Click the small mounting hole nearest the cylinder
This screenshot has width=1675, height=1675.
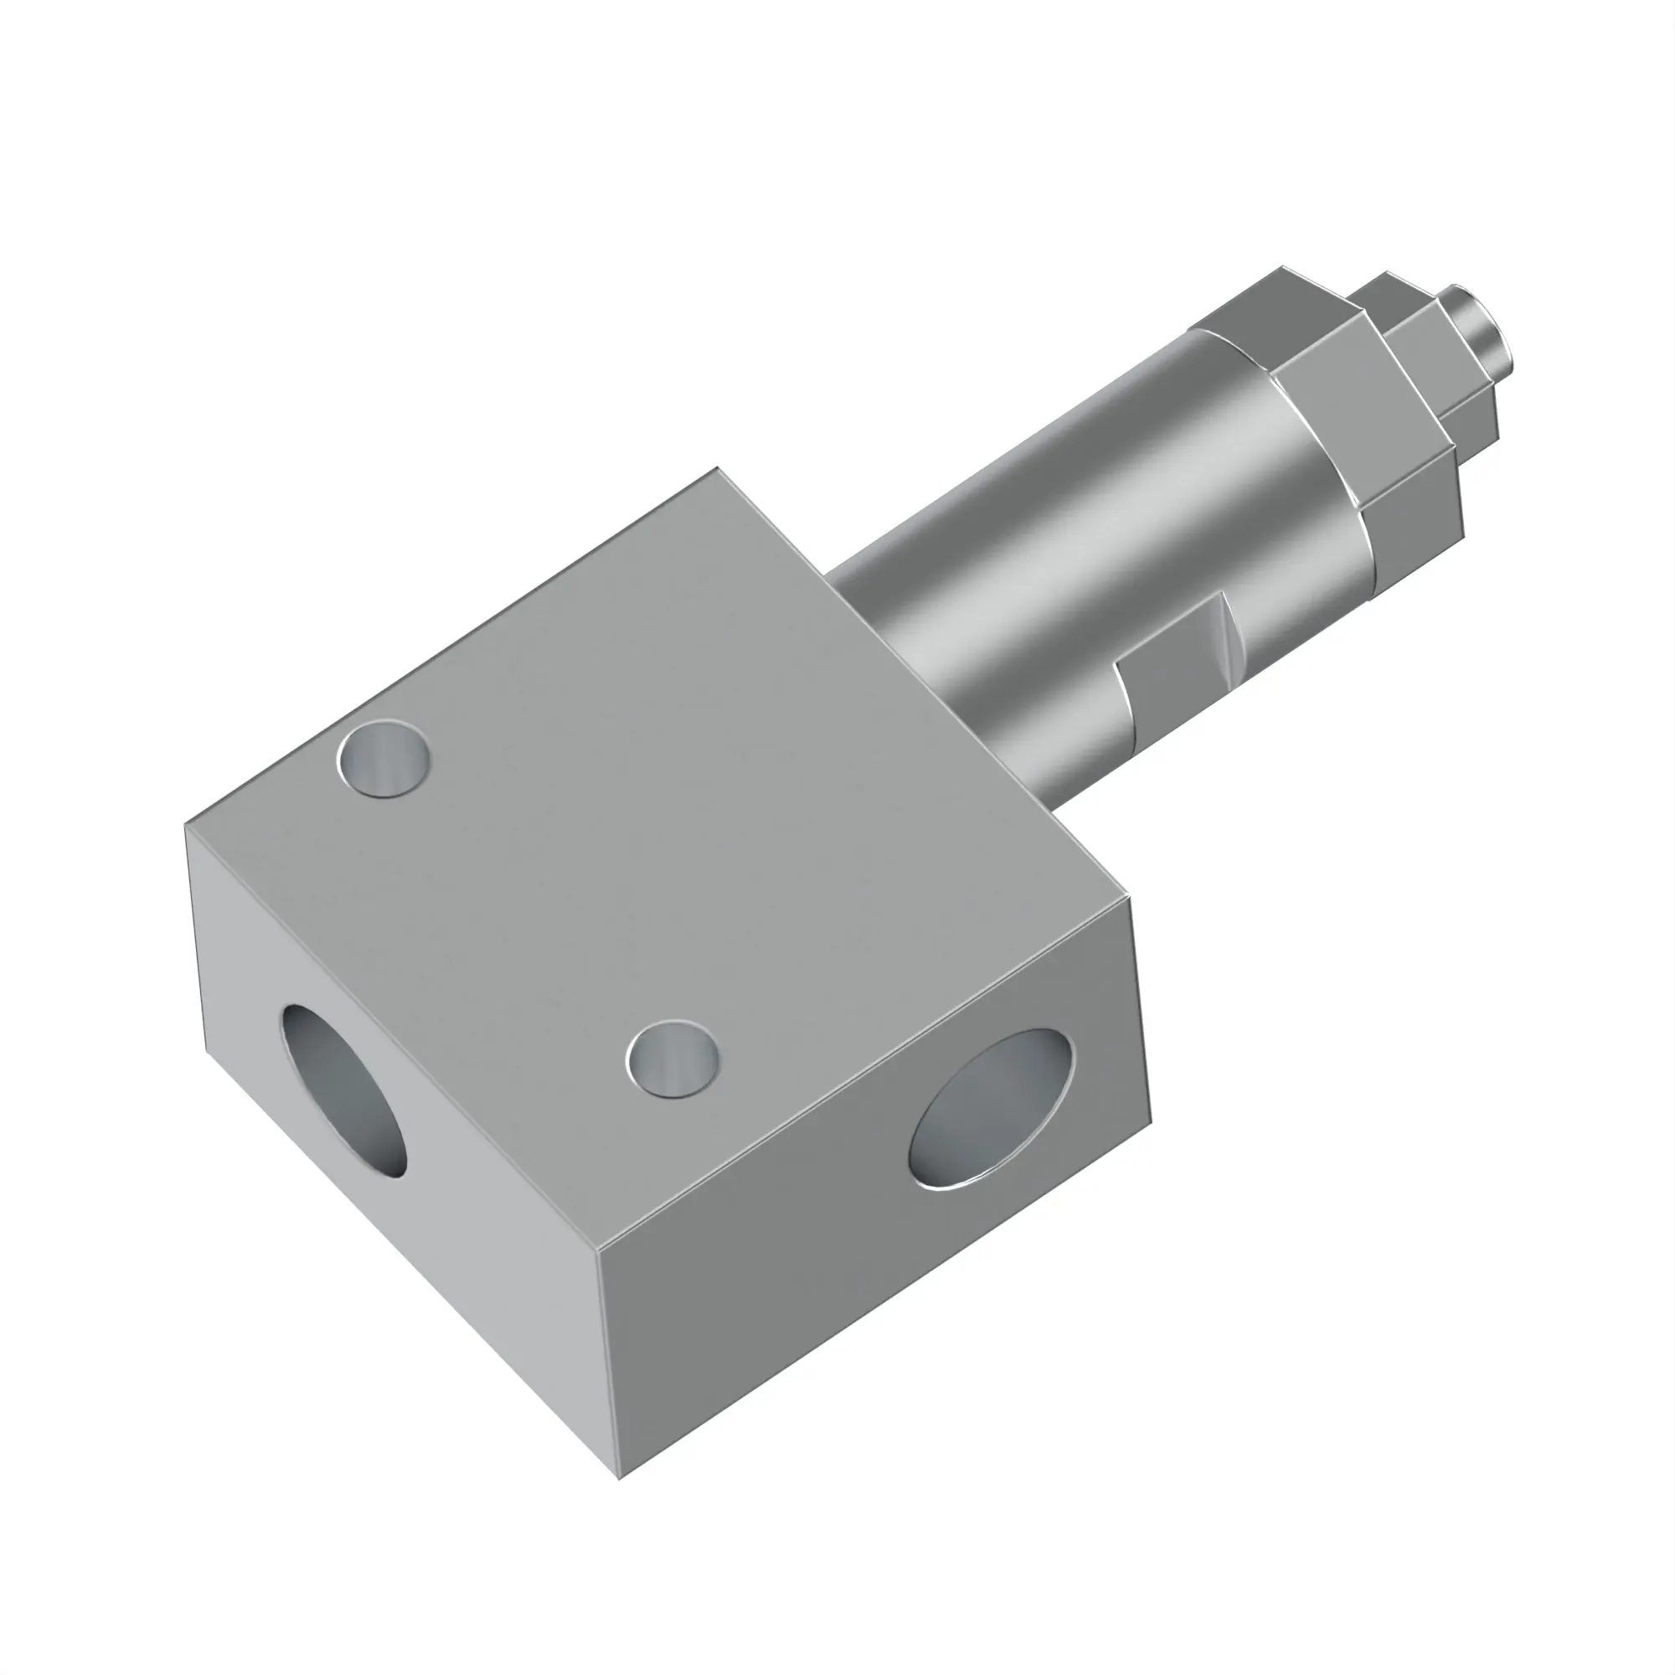tap(384, 758)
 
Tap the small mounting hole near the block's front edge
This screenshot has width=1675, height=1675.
tap(672, 1059)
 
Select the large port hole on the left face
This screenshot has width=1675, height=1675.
tap(344, 1090)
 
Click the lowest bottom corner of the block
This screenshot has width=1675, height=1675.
tap(619, 1477)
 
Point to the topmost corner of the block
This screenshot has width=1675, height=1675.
tap(717, 469)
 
